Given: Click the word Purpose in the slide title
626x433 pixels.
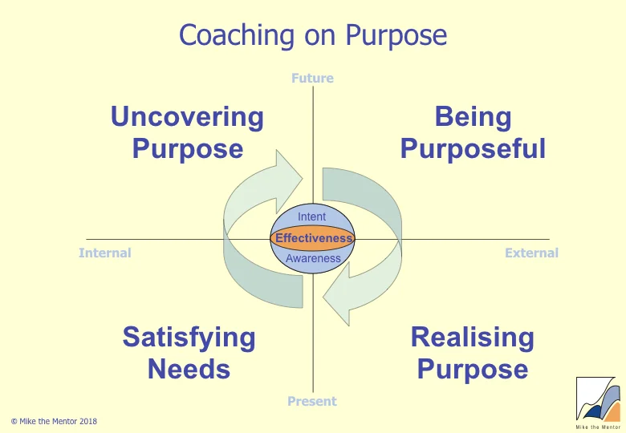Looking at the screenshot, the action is pos(396,36).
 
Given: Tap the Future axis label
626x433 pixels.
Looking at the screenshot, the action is pos(312,79).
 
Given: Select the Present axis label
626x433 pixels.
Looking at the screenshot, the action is pos(312,401).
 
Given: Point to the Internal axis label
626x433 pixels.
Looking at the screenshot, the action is pos(104,253).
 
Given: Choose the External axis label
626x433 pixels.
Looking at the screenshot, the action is pos(531,253).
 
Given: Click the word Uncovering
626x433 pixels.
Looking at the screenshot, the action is pos(187,117).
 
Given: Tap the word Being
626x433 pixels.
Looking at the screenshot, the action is pos(473,117).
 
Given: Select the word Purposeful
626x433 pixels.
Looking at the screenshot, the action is pos(473,149).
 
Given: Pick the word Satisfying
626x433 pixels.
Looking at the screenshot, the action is pos(189,338).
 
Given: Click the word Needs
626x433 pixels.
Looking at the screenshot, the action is pos(189,370).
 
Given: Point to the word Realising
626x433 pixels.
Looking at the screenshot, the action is pos(472,338).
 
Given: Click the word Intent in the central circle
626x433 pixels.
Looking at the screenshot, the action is pos(312,217).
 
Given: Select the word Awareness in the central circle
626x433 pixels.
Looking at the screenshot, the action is pos(313,259).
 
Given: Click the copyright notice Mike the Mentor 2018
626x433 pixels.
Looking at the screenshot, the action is pos(54,421).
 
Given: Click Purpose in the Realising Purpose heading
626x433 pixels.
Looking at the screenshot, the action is pos(472,370).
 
